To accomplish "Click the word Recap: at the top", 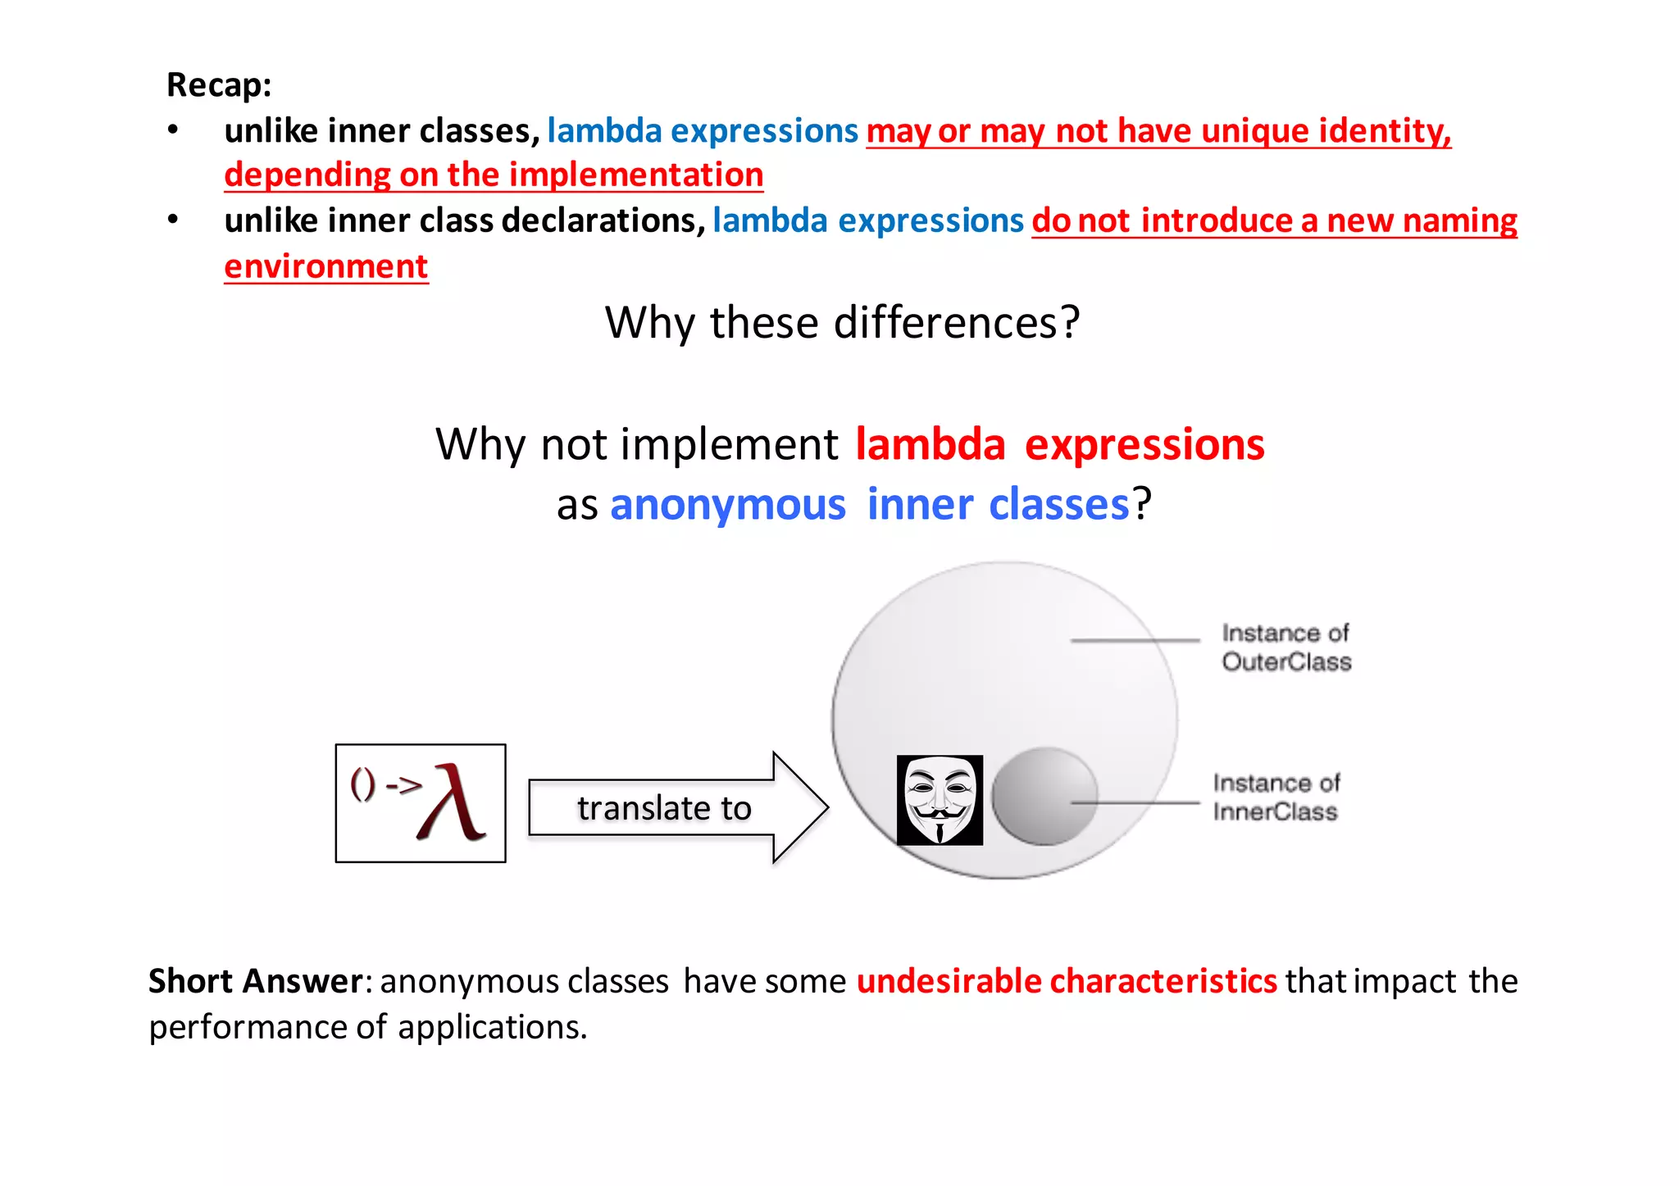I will (219, 85).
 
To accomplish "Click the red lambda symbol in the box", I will (451, 804).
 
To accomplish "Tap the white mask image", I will (940, 801).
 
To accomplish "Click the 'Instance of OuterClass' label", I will (1285, 648).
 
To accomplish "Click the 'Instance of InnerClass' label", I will (1276, 797).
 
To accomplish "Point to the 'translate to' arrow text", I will (664, 808).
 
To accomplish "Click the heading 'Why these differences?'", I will (842, 322).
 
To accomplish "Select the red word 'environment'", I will (326, 266).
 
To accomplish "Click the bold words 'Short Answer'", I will (255, 981).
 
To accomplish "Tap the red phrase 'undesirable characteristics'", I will (1066, 981).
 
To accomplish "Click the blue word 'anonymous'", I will (727, 504).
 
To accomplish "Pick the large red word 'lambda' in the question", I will (930, 444).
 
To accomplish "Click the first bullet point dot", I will (173, 130).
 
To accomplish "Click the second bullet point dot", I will (173, 220).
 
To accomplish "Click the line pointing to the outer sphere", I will (1135, 639).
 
